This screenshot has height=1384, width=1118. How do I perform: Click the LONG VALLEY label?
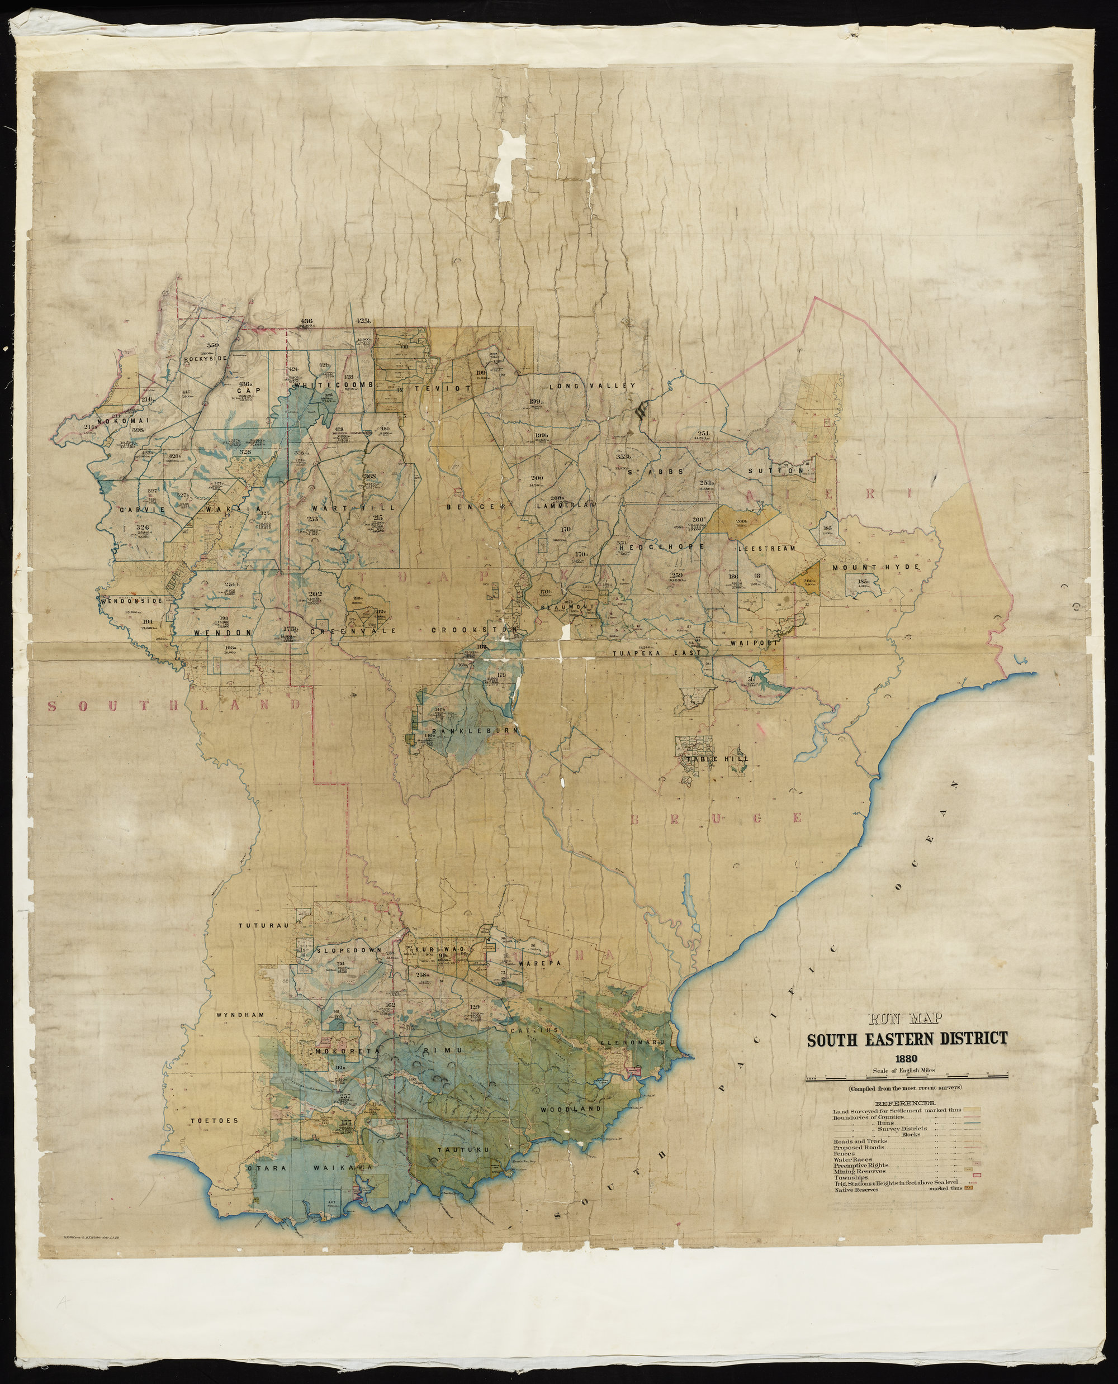pos(592,386)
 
